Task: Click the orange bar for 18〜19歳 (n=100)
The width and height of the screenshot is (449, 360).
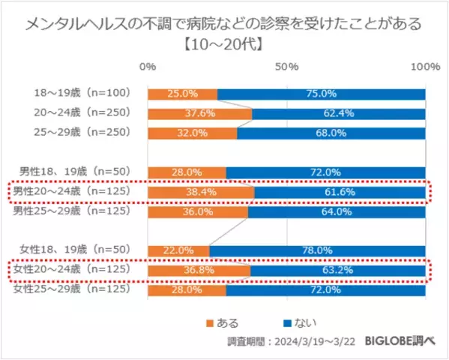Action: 182,94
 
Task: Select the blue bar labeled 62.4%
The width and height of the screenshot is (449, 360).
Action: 339,114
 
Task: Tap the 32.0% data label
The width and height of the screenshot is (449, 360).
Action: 192,133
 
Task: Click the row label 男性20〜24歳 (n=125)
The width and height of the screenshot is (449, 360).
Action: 72,192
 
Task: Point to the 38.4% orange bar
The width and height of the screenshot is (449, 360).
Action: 201,193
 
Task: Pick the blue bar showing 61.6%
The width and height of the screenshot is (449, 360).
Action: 340,193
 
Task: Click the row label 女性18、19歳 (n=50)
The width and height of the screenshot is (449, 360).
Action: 72,250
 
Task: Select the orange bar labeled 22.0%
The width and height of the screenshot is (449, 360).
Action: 178,250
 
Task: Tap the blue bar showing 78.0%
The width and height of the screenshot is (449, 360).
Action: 317,250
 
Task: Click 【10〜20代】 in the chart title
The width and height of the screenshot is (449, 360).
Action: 224,43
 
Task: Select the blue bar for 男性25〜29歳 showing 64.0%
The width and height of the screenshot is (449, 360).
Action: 337,212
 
